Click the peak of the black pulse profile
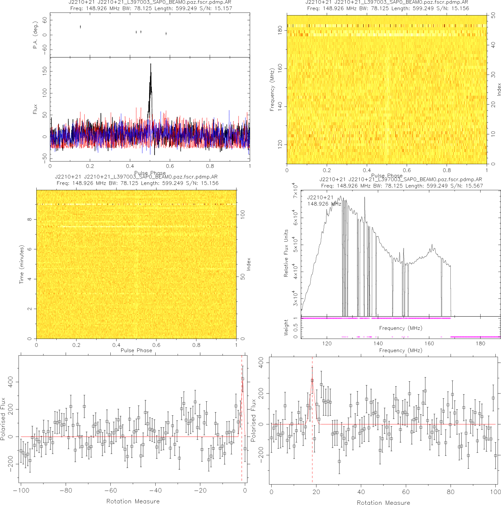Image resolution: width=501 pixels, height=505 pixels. point(150,64)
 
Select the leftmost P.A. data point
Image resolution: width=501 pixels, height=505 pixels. point(80,27)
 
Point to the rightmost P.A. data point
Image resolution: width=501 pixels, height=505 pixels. point(166,34)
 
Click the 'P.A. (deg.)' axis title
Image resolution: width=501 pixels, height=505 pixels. point(36,35)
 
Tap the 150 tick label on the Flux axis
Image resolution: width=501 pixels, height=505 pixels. point(45,71)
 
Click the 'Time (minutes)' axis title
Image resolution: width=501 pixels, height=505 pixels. point(22,264)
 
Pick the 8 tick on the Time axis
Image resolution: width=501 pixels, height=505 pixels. point(29,219)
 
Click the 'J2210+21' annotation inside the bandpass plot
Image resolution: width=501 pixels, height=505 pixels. point(320,197)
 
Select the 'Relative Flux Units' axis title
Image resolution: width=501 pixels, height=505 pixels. point(286,253)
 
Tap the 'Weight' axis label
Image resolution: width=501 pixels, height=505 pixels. point(286,327)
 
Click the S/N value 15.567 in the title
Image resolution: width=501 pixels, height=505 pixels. point(474,186)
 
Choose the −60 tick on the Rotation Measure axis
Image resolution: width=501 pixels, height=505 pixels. point(110,491)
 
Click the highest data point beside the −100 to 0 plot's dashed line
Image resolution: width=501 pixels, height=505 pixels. point(243,379)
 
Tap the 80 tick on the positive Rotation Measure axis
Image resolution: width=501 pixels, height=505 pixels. point(451,492)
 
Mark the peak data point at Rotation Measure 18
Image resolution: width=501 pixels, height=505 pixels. point(312,381)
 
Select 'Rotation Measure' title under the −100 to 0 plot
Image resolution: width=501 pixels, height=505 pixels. point(133,501)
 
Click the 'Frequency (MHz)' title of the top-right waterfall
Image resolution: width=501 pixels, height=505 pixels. point(272,90)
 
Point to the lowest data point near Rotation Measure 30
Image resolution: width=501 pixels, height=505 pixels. point(339,461)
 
